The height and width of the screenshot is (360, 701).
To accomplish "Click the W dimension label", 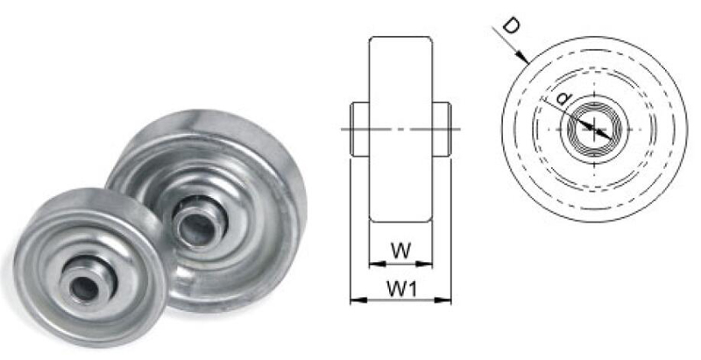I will click(x=400, y=250).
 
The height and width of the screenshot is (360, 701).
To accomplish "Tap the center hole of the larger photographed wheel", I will click(x=191, y=224).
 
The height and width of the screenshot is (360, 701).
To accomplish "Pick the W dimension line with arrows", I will click(x=400, y=263).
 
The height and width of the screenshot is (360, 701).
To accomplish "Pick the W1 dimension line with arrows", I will click(x=400, y=300).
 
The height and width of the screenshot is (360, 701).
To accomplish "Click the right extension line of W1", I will click(x=451, y=228).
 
